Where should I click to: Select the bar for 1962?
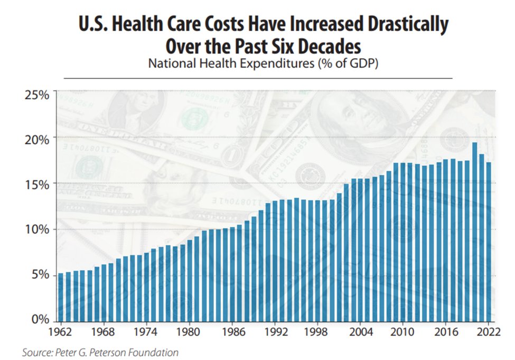61,296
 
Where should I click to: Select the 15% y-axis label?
37,184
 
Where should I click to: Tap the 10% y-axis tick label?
37,229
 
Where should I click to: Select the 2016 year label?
447,334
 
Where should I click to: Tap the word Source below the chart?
35,352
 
